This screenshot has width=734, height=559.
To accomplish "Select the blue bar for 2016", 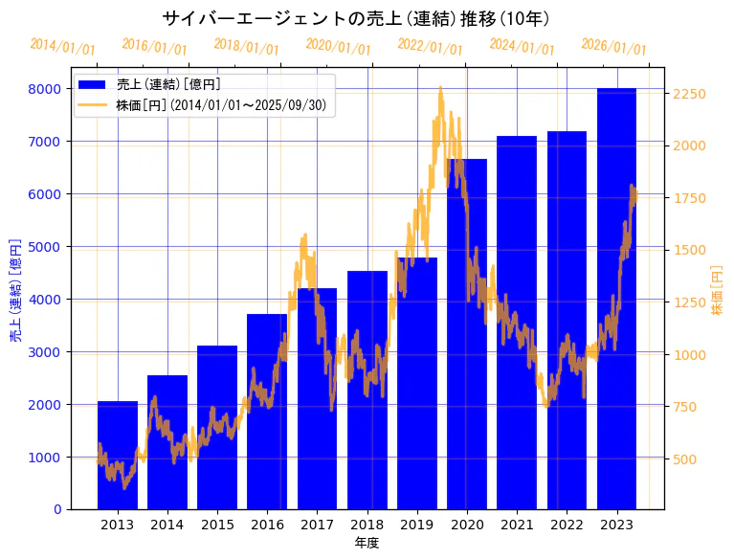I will pos(267,412).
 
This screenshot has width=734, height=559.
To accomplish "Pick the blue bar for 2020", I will pos(466,335).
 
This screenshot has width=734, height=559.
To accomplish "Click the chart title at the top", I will pos(355,19).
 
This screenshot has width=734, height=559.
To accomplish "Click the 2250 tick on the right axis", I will pos(689,94).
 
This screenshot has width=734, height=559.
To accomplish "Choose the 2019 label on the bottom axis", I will pos(416,525).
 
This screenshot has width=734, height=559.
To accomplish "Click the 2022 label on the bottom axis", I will pos(567,525).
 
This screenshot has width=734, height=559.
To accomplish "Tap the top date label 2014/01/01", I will pos(62,47).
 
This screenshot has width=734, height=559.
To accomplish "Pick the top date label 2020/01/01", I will pos(338,47).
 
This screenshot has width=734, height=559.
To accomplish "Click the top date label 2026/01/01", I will pos(613,48).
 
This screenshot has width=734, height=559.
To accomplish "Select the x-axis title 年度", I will pos(367,543).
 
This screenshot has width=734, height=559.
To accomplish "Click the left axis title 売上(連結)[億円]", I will pos(15,291).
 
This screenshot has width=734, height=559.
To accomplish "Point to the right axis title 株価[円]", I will pos(718,291).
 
